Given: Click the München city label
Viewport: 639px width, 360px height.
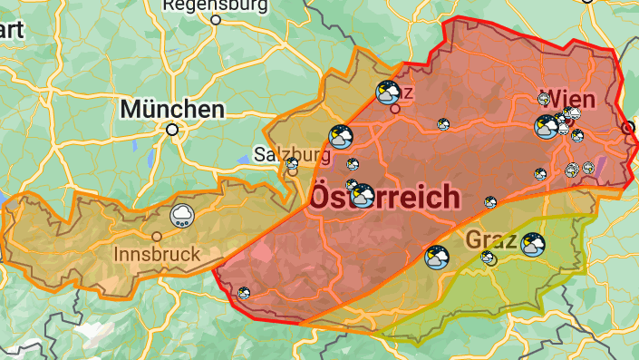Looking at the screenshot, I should tap(172, 110).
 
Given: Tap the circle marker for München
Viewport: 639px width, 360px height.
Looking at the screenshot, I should tap(171, 130).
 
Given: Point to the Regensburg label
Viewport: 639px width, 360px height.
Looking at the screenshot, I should tap(215, 5).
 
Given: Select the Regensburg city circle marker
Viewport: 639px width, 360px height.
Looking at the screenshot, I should tap(216, 19).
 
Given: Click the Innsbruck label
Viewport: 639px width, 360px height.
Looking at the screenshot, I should tap(157, 255).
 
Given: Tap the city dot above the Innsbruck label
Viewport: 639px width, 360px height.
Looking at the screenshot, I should tap(157, 237).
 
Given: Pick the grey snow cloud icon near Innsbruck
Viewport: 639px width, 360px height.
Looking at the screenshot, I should tap(182, 217).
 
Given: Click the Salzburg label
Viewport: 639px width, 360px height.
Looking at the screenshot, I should tap(292, 153).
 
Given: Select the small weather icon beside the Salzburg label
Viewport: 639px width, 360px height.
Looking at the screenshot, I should tap(293, 165).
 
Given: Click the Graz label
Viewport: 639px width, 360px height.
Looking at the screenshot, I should tap(490, 240).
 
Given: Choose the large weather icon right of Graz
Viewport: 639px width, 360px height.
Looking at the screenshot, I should tap(533, 245).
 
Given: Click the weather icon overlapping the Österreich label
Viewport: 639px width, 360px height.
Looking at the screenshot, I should tap(362, 195).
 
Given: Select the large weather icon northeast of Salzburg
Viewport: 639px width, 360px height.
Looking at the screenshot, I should tap(342, 137).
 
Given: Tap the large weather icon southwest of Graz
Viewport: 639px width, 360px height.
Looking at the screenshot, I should tap(437, 258).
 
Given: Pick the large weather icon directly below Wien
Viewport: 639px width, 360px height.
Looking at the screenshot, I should tap(547, 126).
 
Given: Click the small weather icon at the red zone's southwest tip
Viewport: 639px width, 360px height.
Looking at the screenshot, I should tap(243, 292).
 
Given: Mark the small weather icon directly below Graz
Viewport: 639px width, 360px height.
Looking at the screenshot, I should tap(489, 259).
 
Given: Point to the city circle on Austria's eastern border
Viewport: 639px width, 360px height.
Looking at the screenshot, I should tap(629, 129).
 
